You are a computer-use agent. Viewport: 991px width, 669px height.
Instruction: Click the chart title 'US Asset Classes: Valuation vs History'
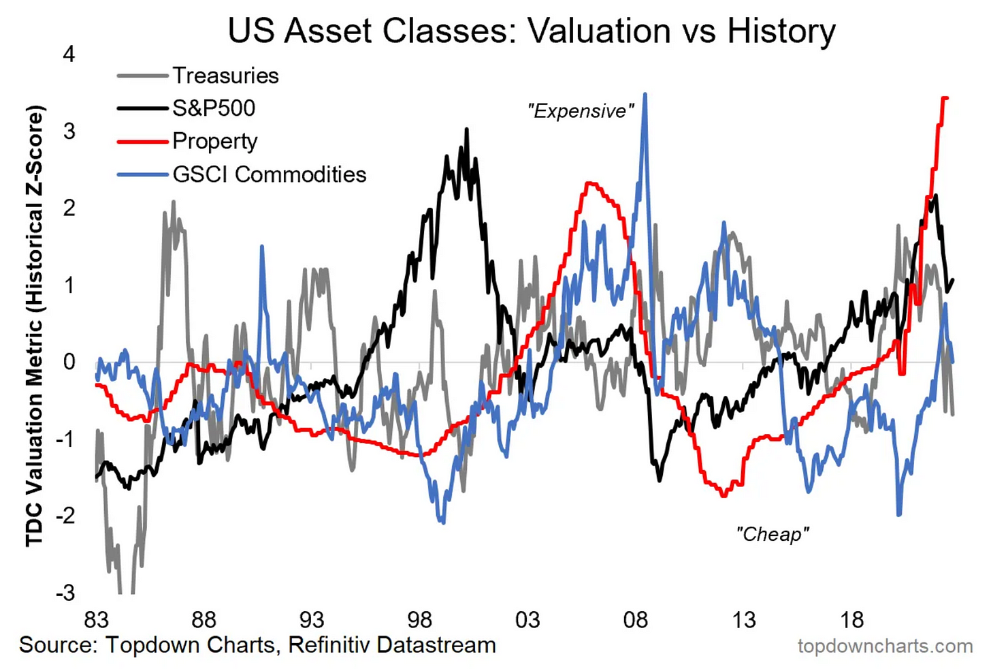tap(531, 31)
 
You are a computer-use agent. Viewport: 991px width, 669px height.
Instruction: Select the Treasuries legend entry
tap(225, 75)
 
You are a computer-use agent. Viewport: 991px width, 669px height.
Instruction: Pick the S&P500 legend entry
tap(214, 108)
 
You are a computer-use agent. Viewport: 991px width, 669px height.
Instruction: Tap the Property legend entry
tap(215, 141)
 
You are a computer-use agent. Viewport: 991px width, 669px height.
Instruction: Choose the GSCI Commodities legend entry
tap(270, 174)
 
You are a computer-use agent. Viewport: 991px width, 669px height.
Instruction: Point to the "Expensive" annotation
tap(581, 111)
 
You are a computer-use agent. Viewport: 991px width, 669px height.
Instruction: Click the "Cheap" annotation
tap(773, 534)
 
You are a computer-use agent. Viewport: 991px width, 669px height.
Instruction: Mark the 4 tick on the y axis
tap(69, 54)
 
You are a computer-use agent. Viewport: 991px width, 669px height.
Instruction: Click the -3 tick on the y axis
tap(65, 593)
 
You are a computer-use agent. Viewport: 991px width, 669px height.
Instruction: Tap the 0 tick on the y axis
tap(69, 362)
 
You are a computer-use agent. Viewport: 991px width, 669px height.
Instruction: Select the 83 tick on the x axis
tap(96, 620)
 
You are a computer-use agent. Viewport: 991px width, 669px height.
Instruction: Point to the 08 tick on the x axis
tap(636, 620)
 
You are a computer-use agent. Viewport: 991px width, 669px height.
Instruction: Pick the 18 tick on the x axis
tap(851, 620)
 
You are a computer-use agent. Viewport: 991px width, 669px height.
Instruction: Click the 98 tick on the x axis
tap(420, 620)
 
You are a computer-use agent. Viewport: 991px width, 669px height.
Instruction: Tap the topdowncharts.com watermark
tap(885, 646)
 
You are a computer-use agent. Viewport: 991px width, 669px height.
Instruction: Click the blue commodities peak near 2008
tap(645, 95)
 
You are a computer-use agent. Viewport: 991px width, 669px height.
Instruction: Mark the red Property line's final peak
tap(945, 98)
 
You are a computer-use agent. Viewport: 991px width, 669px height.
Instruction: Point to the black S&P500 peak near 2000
tap(466, 129)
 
